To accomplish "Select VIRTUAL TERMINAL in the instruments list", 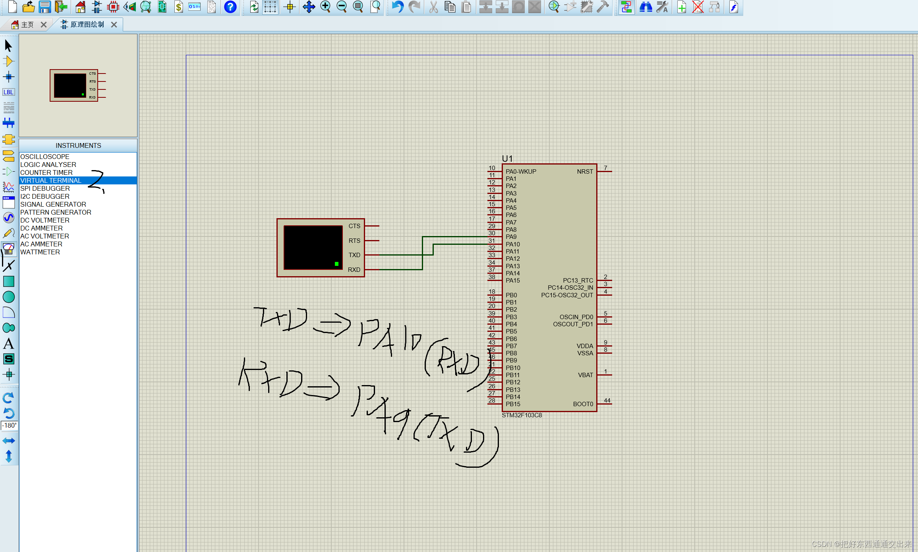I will (x=51, y=180).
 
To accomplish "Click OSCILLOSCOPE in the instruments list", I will (x=45, y=157).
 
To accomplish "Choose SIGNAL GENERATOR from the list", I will (x=53, y=204).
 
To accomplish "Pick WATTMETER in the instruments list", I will (x=40, y=252).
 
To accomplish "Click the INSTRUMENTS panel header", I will (x=78, y=145).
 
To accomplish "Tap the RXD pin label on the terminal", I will (x=354, y=269).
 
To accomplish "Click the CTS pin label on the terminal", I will (x=354, y=226).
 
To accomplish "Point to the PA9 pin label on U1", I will (x=511, y=237).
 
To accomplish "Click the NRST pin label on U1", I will (x=585, y=172).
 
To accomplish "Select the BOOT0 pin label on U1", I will (x=583, y=404).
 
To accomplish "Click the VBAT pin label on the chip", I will (x=585, y=375).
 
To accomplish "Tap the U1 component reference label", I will (x=507, y=159).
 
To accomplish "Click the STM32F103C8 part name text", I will (x=522, y=415).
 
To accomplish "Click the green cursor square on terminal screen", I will (x=336, y=264).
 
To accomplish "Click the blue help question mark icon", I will (x=230, y=7).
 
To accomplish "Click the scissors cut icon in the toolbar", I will (x=433, y=7).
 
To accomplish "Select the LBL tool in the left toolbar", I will (x=8, y=92).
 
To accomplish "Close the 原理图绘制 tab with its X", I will (x=114, y=25).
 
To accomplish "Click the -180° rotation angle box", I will (x=9, y=426).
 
